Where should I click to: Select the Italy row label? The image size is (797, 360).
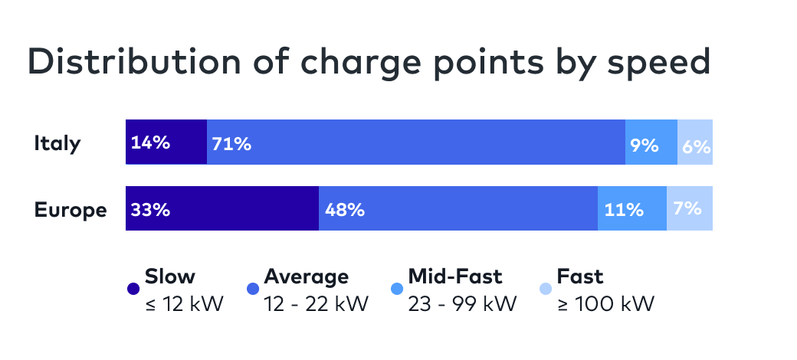[57, 143]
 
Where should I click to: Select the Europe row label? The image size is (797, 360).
[71, 210]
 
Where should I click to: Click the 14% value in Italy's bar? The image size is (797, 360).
[150, 142]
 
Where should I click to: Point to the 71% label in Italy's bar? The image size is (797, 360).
[231, 143]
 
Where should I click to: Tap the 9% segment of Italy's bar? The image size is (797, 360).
[651, 142]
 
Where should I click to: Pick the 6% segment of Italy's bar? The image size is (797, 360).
[696, 143]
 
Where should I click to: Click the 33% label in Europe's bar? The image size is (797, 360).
[150, 209]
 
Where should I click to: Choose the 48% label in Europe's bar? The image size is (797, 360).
[344, 209]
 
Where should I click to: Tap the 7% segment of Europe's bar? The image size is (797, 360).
[690, 208]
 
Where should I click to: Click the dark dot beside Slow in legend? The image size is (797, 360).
[133, 290]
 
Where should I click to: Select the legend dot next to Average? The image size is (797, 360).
[252, 290]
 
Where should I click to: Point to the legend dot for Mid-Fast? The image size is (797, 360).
[395, 290]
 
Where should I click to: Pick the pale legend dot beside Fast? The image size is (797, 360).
[545, 290]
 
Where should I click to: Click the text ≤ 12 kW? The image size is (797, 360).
[184, 304]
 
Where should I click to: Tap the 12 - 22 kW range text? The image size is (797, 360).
[316, 304]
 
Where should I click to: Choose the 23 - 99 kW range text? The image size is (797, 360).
[462, 304]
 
